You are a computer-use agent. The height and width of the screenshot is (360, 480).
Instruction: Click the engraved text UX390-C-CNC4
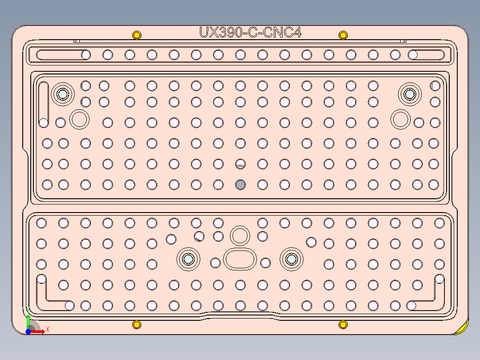[x=251, y=33]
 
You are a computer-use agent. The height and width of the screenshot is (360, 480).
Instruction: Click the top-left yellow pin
[x=137, y=35]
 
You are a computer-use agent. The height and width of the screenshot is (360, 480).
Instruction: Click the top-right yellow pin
[x=343, y=35]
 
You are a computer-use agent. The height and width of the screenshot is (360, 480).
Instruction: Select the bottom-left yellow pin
[x=137, y=324]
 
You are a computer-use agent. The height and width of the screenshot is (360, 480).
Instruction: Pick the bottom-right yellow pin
[x=343, y=324]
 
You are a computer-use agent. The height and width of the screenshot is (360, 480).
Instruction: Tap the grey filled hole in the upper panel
[x=240, y=184]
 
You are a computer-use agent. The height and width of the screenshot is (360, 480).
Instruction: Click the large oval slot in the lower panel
[x=240, y=259]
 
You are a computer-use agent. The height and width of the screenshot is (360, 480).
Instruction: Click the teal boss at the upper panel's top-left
[x=62, y=94]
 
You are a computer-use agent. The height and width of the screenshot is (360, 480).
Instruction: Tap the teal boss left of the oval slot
[x=188, y=259]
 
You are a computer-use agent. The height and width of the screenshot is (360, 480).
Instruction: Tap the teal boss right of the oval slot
[x=292, y=259]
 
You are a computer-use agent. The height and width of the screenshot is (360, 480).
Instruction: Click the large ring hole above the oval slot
[x=240, y=235]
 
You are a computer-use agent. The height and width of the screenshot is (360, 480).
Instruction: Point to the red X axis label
[x=47, y=329]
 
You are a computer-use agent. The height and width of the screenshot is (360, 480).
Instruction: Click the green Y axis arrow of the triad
[x=28, y=320]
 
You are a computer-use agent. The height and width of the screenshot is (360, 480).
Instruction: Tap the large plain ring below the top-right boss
[x=400, y=119]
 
